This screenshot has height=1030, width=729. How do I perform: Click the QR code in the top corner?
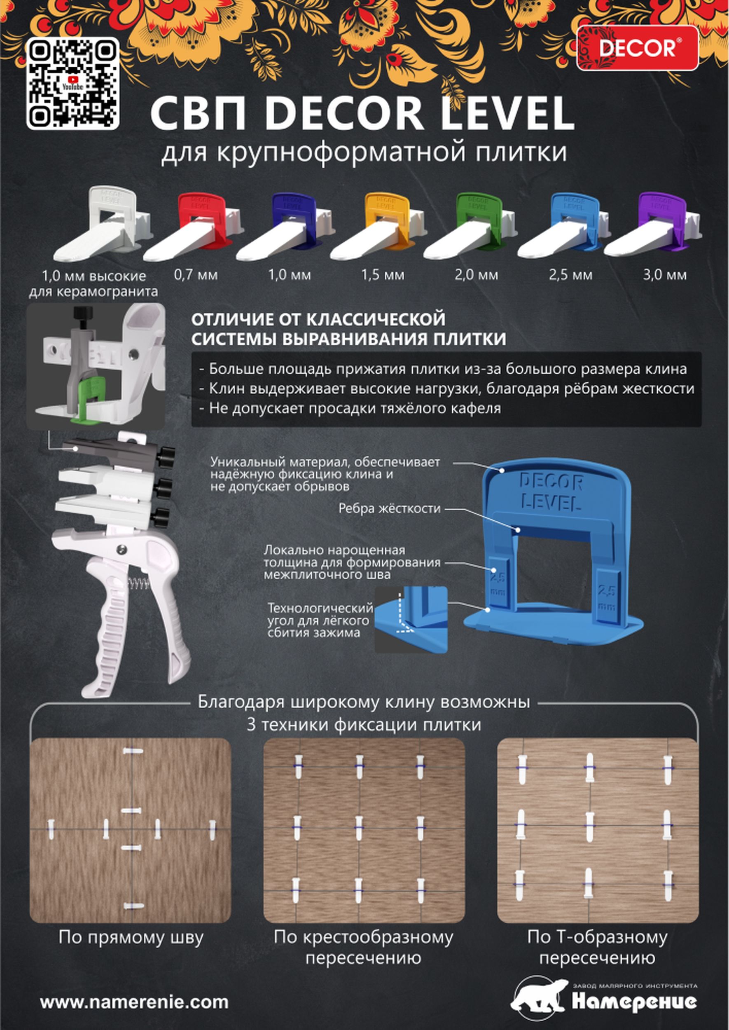[73, 84]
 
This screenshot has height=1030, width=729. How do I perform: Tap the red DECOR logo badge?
[638, 48]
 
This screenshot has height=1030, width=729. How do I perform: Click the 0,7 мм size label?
[196, 275]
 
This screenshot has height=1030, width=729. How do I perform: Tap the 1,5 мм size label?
[383, 275]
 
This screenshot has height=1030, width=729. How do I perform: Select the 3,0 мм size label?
[665, 275]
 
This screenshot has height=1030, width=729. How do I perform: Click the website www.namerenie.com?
[134, 1002]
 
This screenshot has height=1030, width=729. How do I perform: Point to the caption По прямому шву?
[131, 938]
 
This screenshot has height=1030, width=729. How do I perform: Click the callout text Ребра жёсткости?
[390, 508]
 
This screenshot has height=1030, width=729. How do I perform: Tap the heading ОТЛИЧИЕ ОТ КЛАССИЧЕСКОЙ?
[318, 319]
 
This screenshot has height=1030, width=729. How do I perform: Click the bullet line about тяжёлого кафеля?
[350, 408]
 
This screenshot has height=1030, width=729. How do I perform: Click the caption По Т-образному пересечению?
[598, 947]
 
